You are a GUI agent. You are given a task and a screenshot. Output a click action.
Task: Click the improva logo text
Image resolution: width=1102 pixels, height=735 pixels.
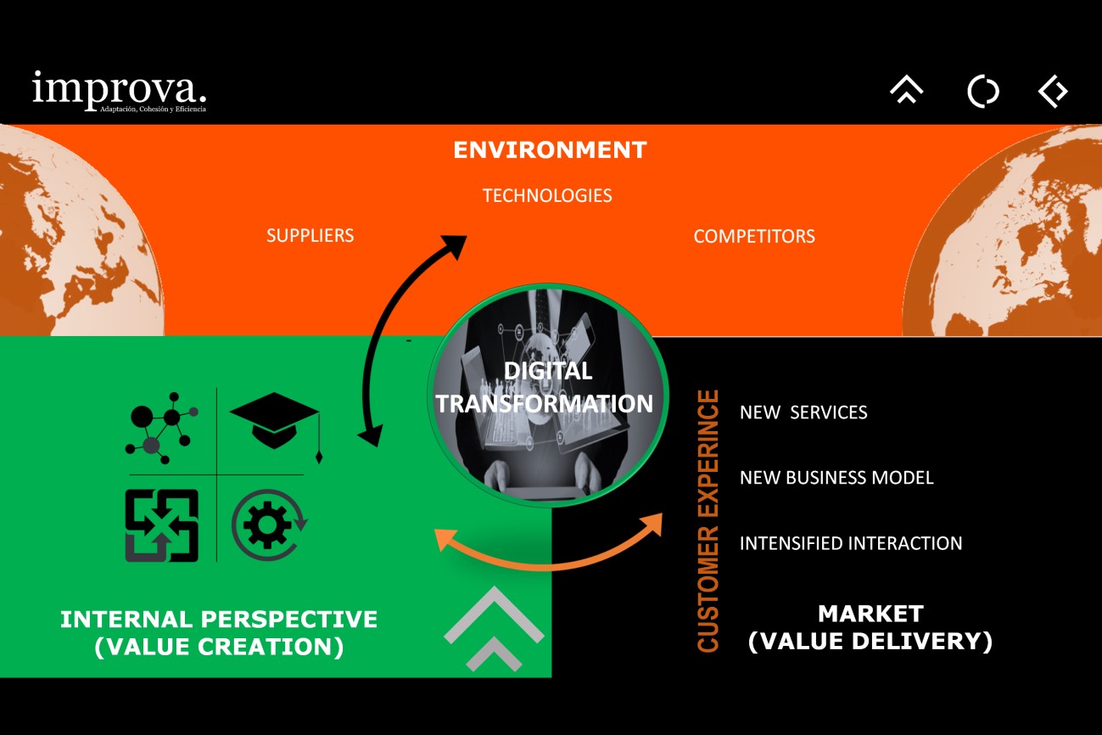(119, 89)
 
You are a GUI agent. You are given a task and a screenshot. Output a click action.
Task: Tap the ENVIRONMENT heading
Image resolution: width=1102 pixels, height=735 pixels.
(550, 150)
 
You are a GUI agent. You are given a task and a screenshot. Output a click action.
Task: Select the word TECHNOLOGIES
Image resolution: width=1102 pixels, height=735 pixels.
(547, 196)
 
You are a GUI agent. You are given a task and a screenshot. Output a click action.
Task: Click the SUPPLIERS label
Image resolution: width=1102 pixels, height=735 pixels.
(310, 236)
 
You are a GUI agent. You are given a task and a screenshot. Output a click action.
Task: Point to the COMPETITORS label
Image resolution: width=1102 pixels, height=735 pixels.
(754, 237)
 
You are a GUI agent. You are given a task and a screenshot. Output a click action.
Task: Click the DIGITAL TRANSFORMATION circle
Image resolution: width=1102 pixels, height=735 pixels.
(544, 396)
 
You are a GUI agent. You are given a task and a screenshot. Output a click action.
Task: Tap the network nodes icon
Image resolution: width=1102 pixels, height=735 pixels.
(163, 427)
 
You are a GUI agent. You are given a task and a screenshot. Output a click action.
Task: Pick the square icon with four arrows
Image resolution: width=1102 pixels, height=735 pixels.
(162, 525)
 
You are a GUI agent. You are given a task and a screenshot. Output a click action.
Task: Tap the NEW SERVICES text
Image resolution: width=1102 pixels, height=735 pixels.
(803, 413)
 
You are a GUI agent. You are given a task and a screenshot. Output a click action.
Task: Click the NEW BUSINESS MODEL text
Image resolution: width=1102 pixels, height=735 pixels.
(836, 478)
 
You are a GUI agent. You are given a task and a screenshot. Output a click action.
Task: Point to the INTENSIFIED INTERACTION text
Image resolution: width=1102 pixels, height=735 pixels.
(851, 543)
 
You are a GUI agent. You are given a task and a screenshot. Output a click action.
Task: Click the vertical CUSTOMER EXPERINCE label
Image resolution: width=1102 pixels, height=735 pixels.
(708, 520)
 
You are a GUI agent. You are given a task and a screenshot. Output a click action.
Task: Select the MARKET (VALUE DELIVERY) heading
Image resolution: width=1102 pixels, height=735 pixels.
(870, 627)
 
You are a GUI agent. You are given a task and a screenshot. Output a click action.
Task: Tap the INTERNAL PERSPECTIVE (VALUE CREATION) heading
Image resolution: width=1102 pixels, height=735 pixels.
(219, 632)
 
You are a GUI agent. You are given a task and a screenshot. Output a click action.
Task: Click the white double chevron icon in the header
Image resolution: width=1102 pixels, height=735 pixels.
(906, 90)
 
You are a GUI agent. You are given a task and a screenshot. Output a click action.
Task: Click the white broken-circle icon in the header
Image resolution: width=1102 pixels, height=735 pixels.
(983, 91)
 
